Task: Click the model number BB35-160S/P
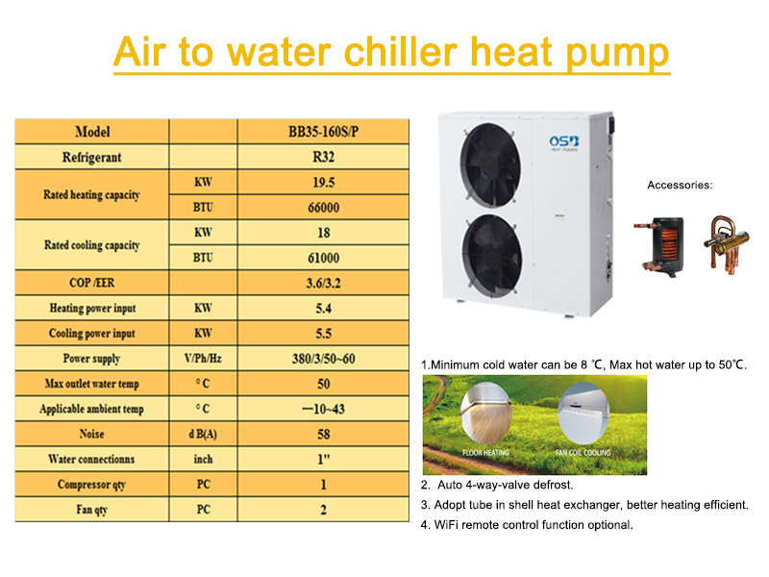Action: click(323, 132)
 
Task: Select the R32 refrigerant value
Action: click(323, 157)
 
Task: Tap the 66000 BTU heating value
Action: click(323, 207)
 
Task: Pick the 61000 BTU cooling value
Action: click(323, 257)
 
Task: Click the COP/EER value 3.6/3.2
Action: click(323, 283)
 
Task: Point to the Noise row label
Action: click(92, 434)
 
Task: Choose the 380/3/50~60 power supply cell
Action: click(323, 358)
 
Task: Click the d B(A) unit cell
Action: click(203, 434)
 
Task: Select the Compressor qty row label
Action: click(92, 484)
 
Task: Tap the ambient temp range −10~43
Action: click(323, 409)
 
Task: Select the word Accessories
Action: click(680, 185)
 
